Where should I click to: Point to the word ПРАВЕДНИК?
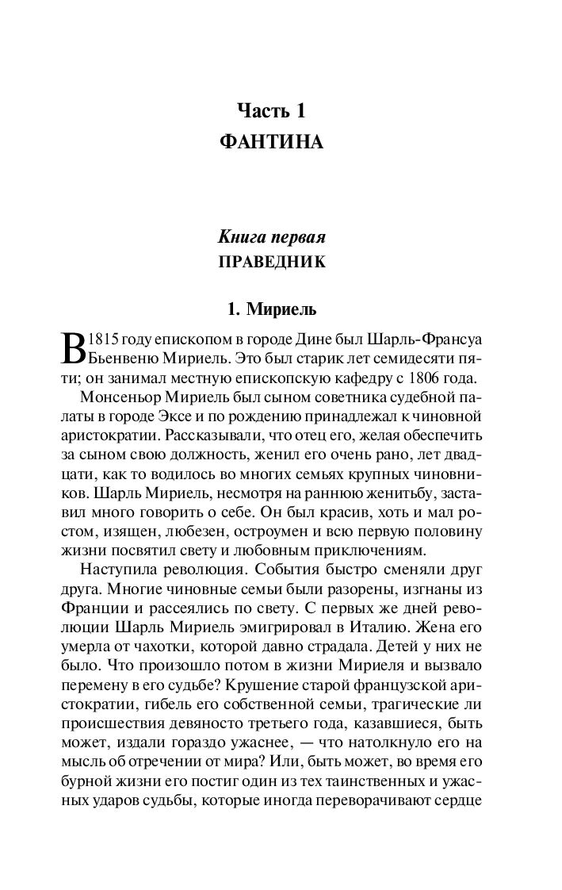[x=272, y=263]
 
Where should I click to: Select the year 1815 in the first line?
[x=103, y=340]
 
